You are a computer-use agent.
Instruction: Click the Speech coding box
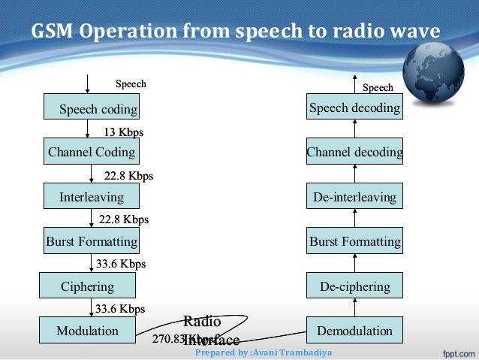click(92, 108)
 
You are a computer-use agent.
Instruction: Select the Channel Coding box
click(92, 153)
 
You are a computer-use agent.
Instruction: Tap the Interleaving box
click(92, 197)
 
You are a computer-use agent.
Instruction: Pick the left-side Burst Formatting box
click(92, 241)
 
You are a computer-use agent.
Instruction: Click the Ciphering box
click(88, 286)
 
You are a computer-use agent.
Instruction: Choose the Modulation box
click(88, 330)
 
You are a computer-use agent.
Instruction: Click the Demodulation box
click(354, 330)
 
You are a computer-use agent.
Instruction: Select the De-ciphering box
click(354, 286)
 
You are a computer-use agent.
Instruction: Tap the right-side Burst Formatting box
click(354, 242)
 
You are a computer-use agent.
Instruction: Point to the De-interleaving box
click(354, 197)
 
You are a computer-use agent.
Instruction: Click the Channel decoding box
click(354, 153)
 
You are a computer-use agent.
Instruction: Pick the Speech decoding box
click(354, 108)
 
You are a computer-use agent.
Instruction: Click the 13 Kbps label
click(122, 132)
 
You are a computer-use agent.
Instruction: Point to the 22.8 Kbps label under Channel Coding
click(128, 176)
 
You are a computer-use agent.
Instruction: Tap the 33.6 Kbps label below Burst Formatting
click(121, 264)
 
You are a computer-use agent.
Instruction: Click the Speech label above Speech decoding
click(378, 88)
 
